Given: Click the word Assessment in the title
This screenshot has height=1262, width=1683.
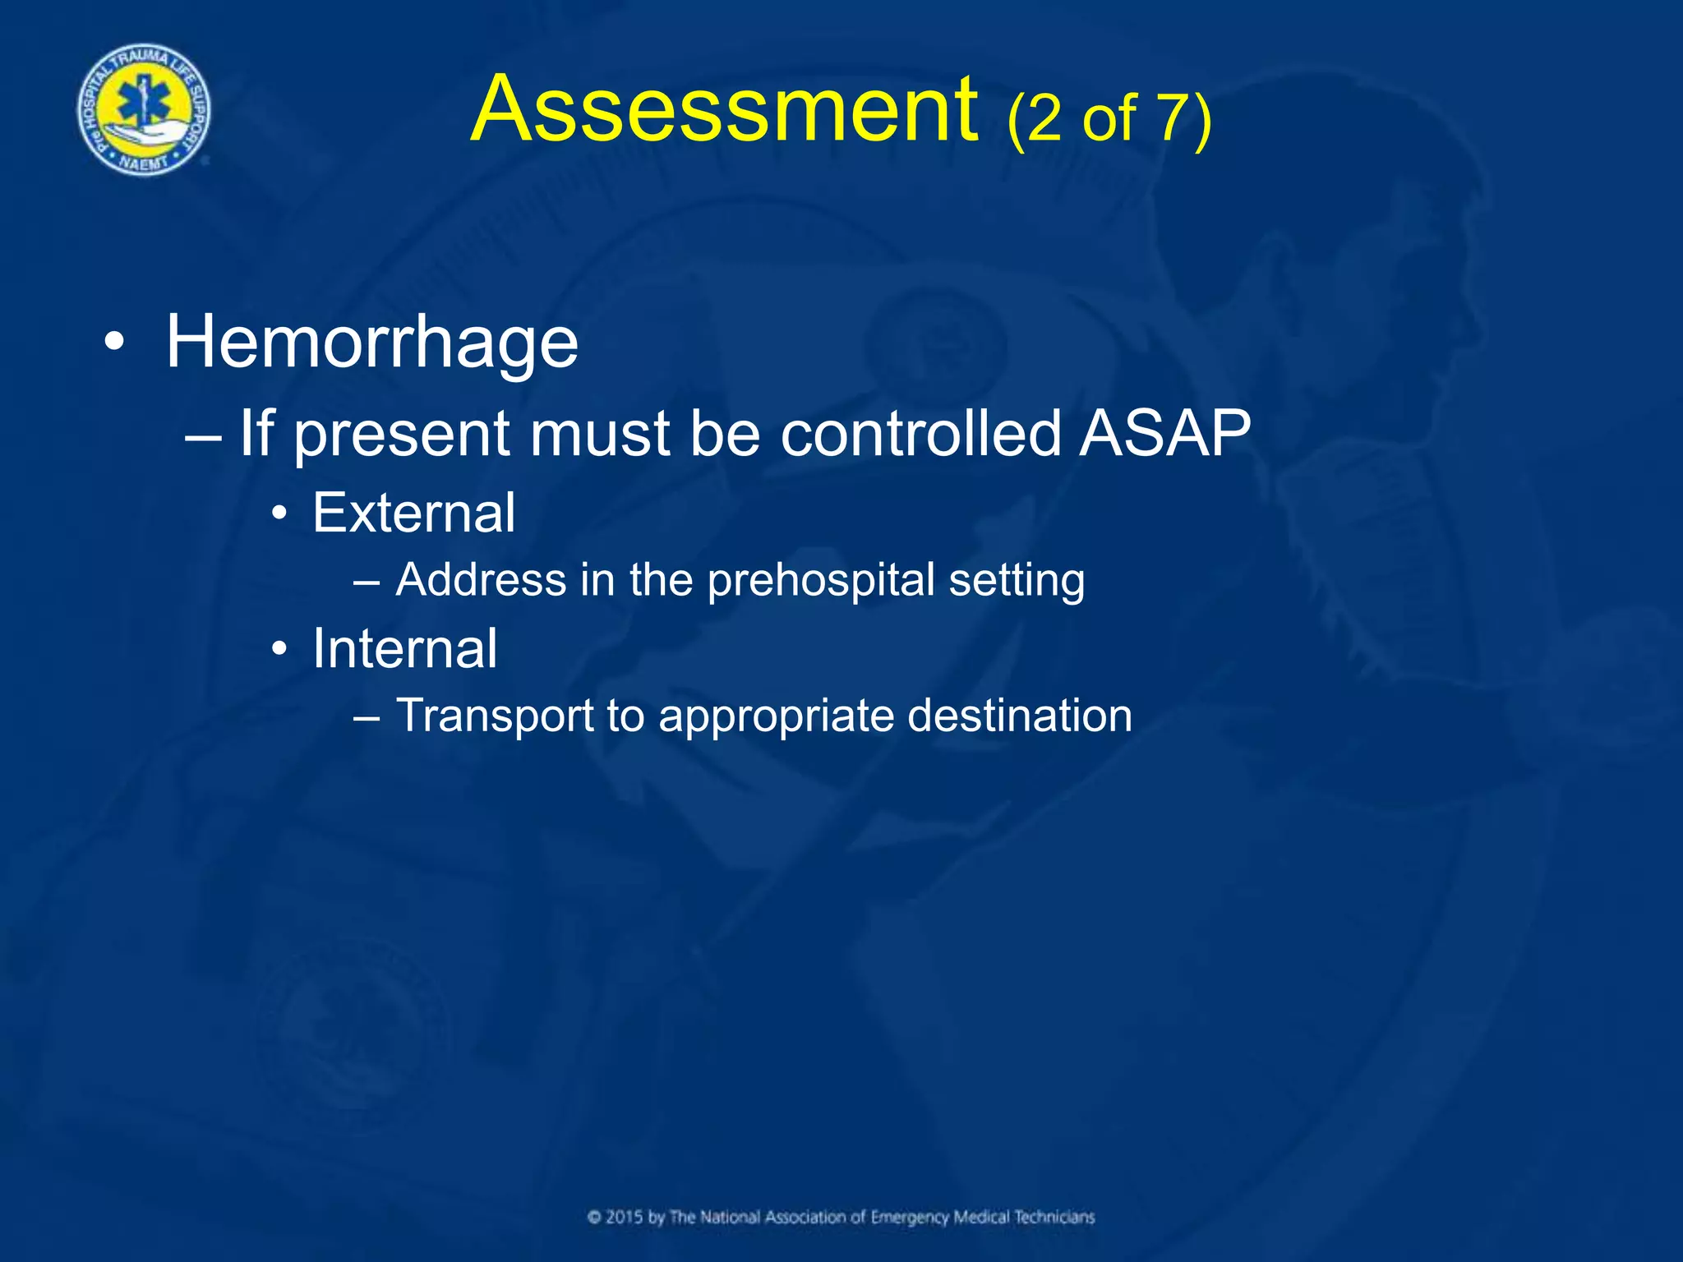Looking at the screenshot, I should click(725, 110).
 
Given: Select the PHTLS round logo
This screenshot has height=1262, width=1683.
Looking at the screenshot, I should click(144, 110).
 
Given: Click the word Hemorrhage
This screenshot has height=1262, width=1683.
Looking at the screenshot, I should click(372, 342).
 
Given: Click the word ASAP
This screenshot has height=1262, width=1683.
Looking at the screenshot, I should click(1164, 433).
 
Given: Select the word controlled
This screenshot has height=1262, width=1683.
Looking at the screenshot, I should click(920, 433).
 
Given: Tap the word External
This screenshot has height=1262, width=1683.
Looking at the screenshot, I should click(414, 513).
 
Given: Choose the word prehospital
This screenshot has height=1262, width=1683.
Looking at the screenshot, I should click(821, 581).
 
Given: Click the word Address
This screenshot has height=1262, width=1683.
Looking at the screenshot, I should click(481, 579).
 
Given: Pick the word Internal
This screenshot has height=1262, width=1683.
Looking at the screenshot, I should click(405, 648).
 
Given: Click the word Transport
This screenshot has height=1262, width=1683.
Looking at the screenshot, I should click(495, 716).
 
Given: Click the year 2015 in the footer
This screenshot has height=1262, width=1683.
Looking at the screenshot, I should click(625, 1217).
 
